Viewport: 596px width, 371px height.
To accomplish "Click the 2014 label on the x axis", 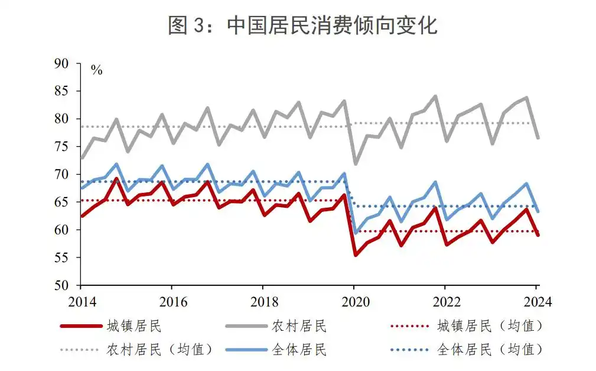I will point(80,301).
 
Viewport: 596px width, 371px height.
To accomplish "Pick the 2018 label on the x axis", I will point(262,301).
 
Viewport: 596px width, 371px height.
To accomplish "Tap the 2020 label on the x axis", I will point(353,301).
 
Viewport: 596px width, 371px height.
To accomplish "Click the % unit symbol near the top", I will point(96,71).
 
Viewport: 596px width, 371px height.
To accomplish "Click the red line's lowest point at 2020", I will point(356,255).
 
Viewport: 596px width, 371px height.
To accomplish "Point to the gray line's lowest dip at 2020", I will point(356,164).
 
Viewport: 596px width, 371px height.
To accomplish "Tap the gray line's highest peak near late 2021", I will point(436,96).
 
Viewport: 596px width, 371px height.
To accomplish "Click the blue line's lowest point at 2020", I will point(356,233).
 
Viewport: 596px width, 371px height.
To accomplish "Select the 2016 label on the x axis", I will point(171,301).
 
